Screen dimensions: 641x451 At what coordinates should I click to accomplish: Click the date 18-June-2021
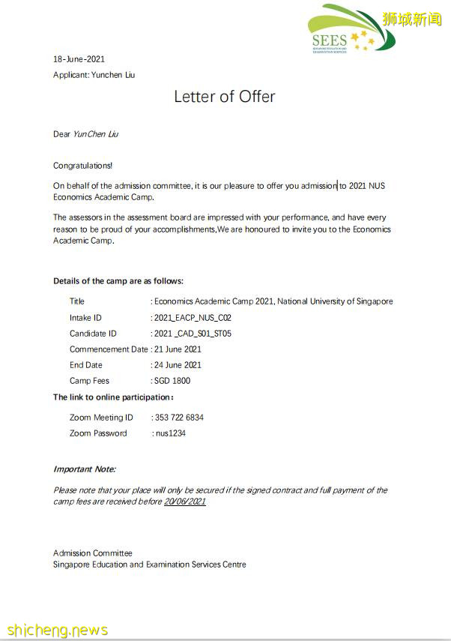pos(79,59)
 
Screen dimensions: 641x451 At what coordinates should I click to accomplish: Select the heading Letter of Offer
pos(225,97)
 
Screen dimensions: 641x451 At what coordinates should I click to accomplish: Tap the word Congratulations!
pos(83,165)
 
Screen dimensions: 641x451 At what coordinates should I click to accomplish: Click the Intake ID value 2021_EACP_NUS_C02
pos(193,318)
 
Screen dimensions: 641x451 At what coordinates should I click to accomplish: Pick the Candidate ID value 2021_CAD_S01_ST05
pos(192,334)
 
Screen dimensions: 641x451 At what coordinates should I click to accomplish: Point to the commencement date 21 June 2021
pos(178,349)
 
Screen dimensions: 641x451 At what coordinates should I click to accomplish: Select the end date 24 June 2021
pos(178,365)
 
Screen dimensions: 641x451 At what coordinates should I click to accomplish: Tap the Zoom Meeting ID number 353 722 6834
pos(178,418)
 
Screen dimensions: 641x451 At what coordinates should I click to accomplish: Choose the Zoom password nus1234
pos(170,433)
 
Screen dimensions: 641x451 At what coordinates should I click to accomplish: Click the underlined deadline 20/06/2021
pos(185,502)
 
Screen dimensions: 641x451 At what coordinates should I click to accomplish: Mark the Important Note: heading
pos(85,469)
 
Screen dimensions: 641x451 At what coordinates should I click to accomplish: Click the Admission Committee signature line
pos(93,553)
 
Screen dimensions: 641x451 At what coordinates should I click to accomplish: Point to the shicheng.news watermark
pos(57,629)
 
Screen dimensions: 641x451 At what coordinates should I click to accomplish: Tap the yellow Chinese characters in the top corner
pos(412,19)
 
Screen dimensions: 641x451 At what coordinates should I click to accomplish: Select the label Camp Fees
pos(90,381)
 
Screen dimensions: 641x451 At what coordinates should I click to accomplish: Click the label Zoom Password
pos(98,433)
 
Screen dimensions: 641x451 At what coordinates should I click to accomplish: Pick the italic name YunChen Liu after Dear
pos(96,134)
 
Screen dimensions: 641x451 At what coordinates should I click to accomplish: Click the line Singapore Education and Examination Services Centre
pos(149,565)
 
